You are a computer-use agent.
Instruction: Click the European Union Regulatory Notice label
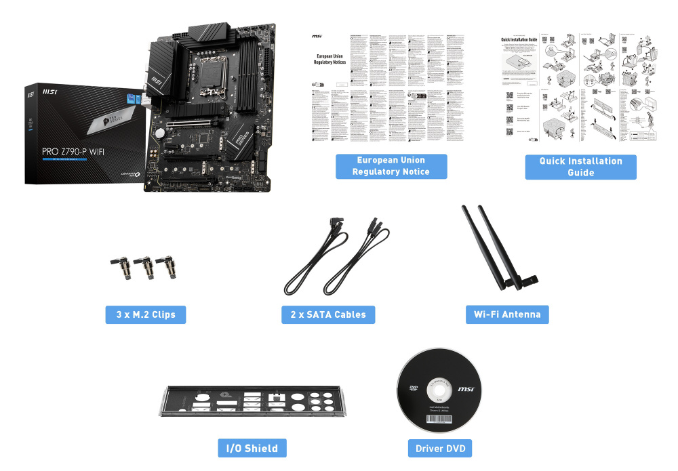click(x=391, y=166)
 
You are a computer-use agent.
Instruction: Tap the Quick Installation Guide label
click(x=580, y=167)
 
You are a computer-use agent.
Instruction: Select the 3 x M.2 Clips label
click(x=146, y=314)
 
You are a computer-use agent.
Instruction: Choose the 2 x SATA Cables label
click(x=328, y=314)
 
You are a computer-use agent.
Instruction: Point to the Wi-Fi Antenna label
click(x=507, y=314)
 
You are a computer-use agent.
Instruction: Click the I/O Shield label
click(x=252, y=448)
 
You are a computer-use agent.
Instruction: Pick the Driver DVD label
click(x=439, y=448)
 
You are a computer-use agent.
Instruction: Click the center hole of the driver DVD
click(x=437, y=390)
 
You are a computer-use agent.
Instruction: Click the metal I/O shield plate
click(x=252, y=406)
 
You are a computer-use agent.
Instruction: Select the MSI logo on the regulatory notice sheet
click(x=316, y=36)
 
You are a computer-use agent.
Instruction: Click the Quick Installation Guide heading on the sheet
click(x=519, y=40)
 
